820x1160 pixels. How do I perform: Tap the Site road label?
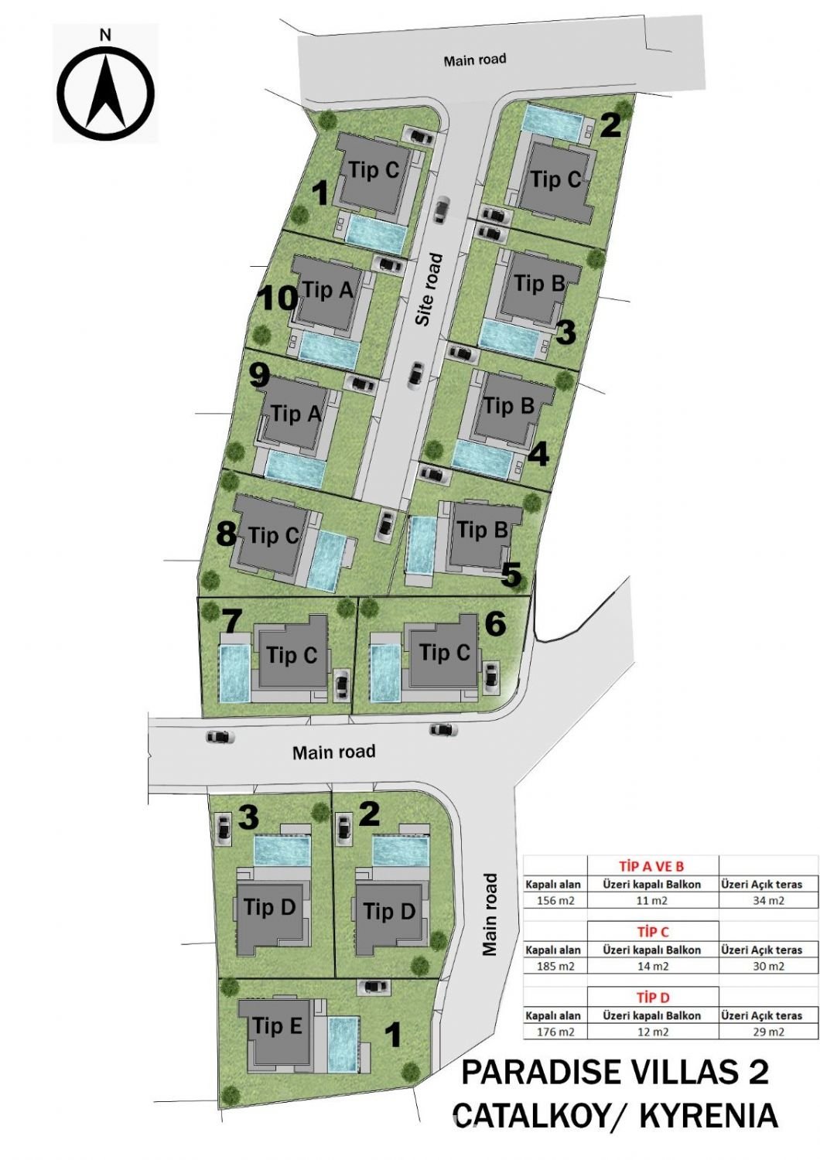[x=430, y=289]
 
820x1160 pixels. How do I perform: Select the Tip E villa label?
[x=277, y=1025]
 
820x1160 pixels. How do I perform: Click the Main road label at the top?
[x=474, y=60]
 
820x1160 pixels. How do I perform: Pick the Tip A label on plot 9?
[x=296, y=414]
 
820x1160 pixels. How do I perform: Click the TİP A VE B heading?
[x=651, y=866]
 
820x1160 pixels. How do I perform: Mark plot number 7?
[x=231, y=622]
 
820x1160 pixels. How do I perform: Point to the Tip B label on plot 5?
[x=482, y=531]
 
